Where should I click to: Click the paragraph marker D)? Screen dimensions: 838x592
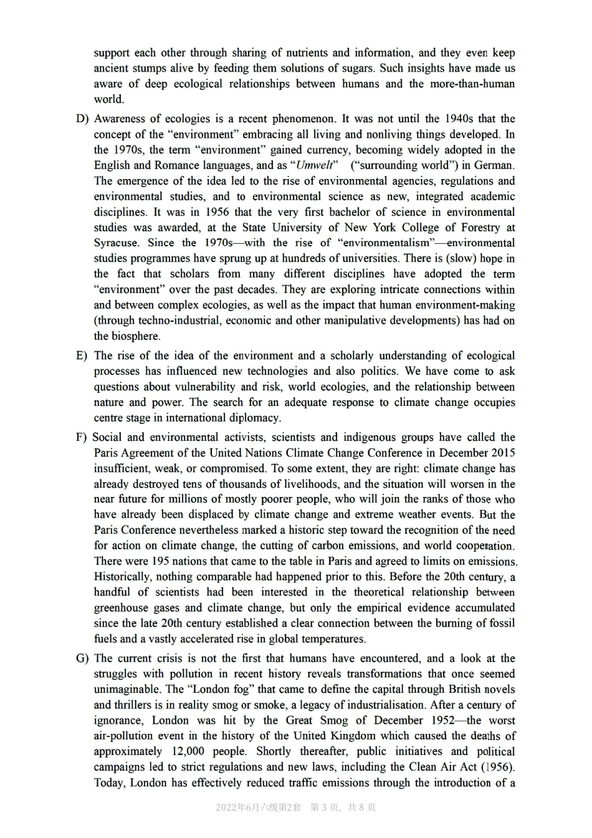(82, 118)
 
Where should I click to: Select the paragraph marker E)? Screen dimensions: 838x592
(82, 355)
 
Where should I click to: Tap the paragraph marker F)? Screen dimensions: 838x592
(81, 437)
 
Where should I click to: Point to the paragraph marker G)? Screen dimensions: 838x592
(82, 658)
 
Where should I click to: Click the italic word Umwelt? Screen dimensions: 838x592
(315, 165)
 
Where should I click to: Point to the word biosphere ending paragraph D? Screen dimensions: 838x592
(135, 336)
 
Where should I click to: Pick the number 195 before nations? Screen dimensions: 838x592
(161, 561)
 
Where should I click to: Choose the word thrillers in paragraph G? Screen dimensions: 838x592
(117, 705)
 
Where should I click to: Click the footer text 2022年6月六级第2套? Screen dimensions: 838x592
(258, 807)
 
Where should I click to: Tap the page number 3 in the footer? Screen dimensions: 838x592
(332, 807)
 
